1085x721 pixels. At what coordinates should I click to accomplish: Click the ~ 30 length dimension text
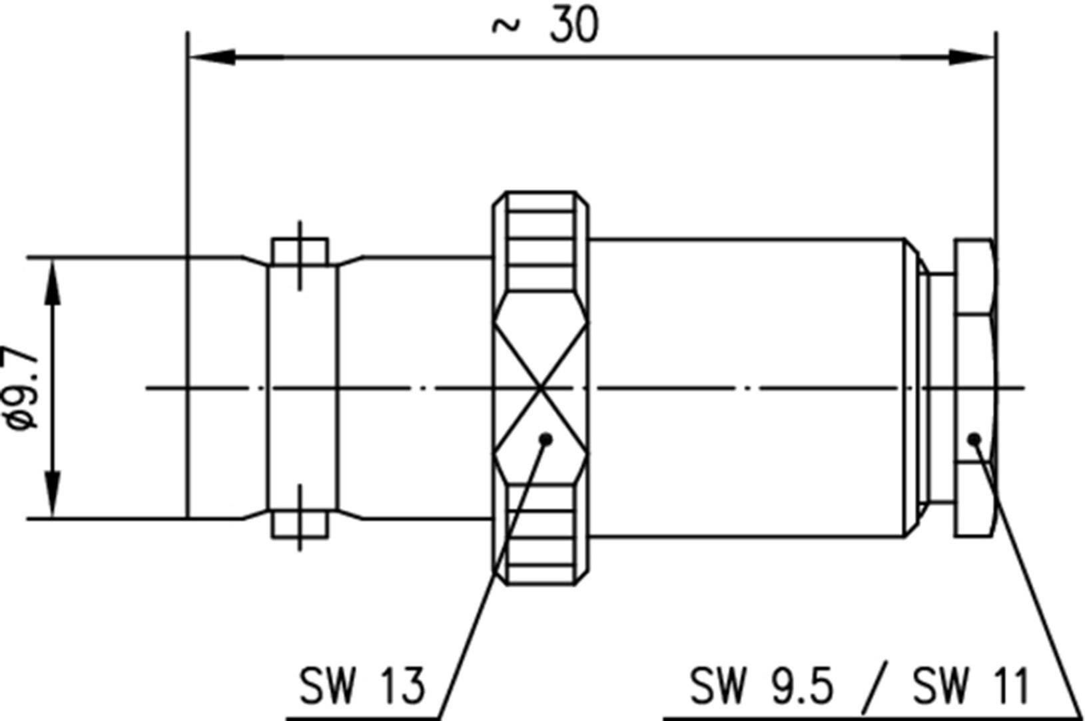[x=545, y=27]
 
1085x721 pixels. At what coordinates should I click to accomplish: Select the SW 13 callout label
[x=362, y=686]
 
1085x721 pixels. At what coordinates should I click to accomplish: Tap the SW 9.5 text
[x=761, y=686]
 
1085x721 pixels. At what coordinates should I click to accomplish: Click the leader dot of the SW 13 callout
[x=546, y=438]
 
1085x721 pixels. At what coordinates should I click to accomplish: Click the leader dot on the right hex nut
[x=974, y=438]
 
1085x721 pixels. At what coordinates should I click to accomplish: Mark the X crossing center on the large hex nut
[x=541, y=387]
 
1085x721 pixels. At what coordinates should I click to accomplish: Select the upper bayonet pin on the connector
[x=300, y=252]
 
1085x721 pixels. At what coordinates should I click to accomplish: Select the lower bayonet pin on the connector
[x=300, y=524]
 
